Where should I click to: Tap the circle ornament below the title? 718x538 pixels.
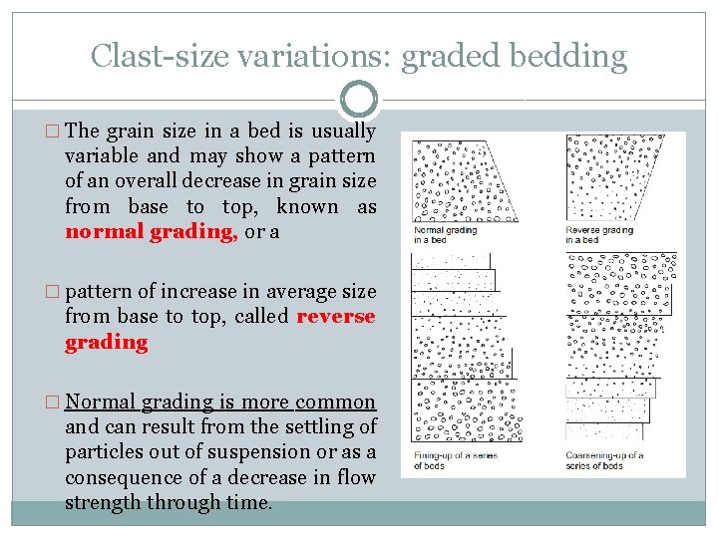tap(358, 100)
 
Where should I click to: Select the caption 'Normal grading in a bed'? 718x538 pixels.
tap(444, 235)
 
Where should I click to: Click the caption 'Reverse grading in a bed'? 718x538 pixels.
tap(598, 235)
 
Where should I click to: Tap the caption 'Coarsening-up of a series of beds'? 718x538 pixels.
tap(604, 461)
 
